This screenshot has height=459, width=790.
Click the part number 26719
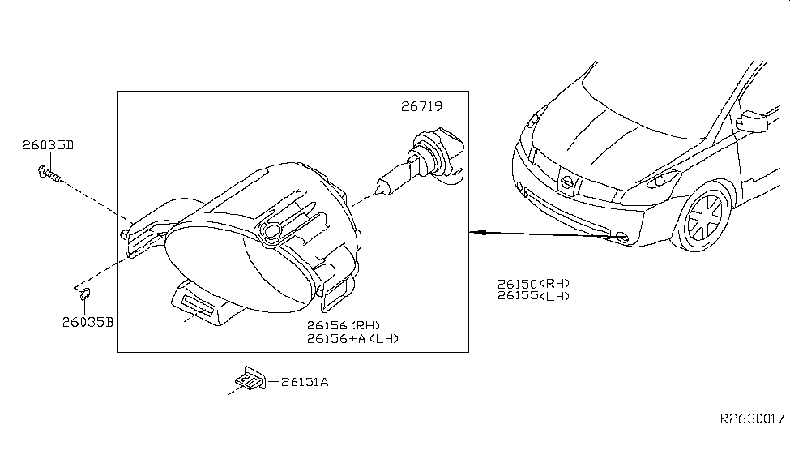click(421, 106)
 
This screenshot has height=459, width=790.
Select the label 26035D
click(48, 146)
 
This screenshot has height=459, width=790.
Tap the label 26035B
click(88, 322)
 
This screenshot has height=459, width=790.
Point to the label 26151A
click(305, 381)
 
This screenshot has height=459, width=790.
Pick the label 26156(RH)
click(343, 325)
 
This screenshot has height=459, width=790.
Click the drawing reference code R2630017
click(753, 419)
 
